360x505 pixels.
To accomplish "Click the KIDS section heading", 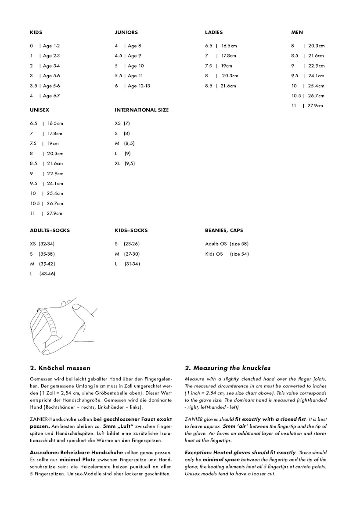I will pos(36,32).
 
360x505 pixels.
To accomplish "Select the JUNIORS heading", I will pos(126,32).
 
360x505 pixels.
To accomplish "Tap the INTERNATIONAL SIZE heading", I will pos(141,110).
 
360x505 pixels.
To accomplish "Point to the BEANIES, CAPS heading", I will pos(224,231).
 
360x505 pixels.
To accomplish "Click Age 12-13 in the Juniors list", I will pos(139,86).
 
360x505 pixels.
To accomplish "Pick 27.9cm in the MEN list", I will pos(315,106).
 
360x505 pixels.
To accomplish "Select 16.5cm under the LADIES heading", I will pos(229,46).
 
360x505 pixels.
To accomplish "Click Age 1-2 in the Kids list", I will pos(51,46).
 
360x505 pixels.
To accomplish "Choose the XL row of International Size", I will pos(125,163).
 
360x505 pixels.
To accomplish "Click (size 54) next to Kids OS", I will pos(239,254).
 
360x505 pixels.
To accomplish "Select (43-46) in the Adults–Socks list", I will pos(47,274).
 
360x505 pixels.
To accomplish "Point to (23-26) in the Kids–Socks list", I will pos(131,244).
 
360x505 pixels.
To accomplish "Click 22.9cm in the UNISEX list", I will pos(55,173).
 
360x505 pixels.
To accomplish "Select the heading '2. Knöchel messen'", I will pos(60,368).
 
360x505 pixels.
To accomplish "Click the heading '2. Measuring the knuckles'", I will pos(227,368).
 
